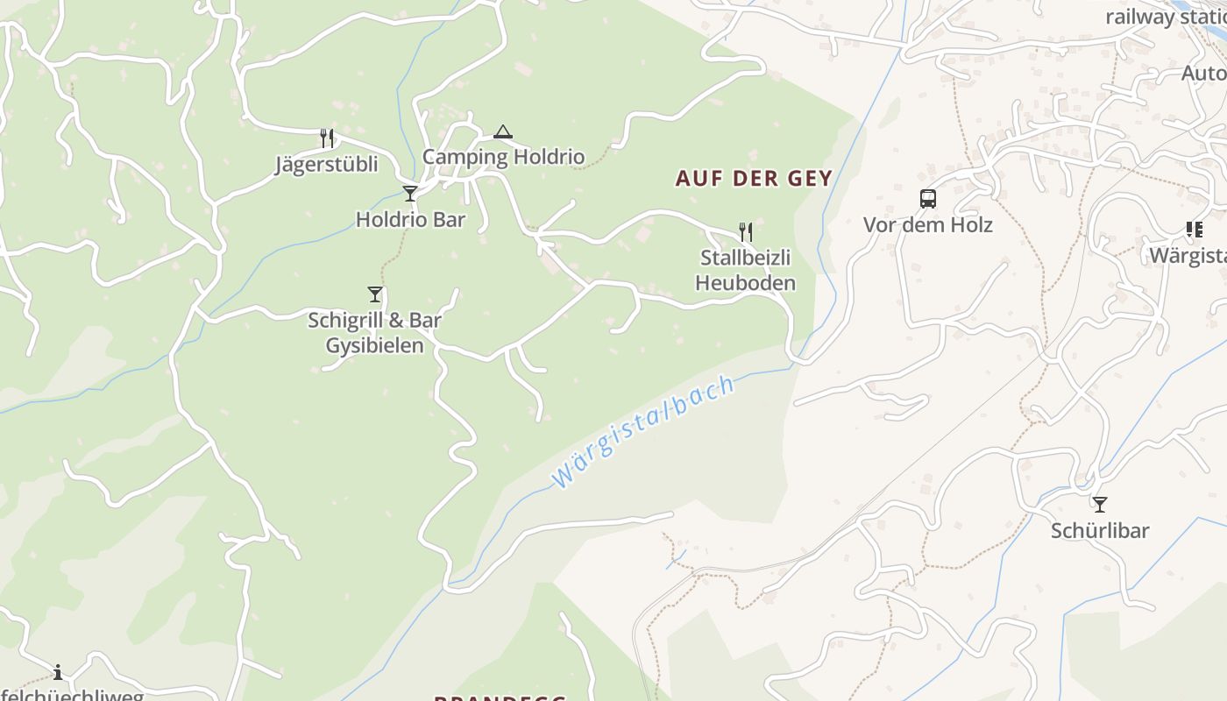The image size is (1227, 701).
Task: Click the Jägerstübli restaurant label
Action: tap(326, 164)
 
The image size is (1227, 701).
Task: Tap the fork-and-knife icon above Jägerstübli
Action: tap(327, 138)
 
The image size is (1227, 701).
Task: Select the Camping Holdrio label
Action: tap(503, 157)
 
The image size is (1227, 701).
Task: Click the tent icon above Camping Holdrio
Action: tap(502, 132)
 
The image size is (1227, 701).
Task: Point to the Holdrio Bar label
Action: tap(410, 219)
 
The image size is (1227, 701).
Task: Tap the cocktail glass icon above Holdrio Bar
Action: tap(410, 194)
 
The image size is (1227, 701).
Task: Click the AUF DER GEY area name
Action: tap(754, 179)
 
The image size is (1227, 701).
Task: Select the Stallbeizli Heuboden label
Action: tap(745, 270)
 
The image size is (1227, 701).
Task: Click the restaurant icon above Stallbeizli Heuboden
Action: tap(746, 231)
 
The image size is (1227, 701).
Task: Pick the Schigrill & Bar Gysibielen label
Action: tap(374, 332)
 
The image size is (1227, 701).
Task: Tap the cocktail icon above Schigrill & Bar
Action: tap(375, 294)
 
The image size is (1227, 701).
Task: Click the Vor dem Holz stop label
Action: tap(928, 224)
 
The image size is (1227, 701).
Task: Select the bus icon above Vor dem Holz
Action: tap(928, 199)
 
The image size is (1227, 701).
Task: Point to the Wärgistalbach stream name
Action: tap(643, 431)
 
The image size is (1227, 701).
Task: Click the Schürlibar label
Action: tap(1100, 530)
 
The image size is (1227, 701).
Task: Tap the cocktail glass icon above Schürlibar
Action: tap(1100, 505)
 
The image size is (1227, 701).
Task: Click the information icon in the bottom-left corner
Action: tap(58, 673)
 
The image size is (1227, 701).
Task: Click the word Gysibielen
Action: tap(374, 345)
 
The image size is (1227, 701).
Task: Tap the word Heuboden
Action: tap(745, 283)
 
